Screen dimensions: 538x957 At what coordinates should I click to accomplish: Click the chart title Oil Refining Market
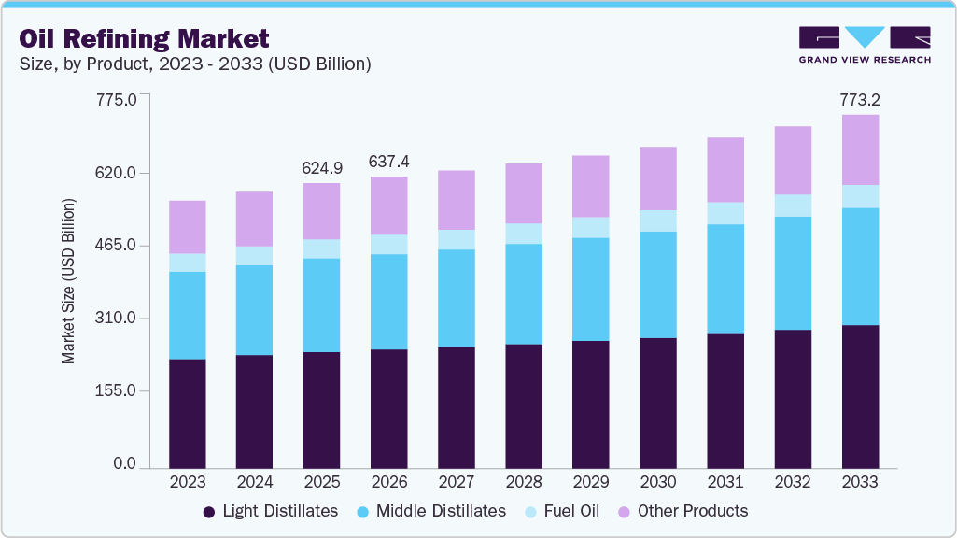click(144, 38)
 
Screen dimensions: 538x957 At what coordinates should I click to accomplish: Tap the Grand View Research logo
click(864, 45)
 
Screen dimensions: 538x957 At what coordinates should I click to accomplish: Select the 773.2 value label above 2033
click(860, 99)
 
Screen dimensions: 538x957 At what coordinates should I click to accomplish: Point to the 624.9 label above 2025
click(321, 168)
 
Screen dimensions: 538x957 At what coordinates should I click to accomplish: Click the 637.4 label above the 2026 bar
click(388, 162)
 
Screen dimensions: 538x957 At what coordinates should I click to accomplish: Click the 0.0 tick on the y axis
click(125, 464)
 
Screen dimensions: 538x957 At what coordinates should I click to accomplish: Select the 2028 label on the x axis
click(523, 483)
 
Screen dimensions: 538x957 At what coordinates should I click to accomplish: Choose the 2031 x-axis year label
click(725, 483)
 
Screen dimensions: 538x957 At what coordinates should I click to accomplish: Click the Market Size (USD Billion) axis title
click(68, 281)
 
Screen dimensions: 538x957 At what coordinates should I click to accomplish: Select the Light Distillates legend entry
click(271, 511)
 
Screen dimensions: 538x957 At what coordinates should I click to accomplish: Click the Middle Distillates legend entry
click(431, 511)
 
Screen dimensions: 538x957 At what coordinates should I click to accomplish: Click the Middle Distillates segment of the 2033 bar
click(860, 266)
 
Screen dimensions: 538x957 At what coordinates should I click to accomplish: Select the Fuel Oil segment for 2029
click(590, 227)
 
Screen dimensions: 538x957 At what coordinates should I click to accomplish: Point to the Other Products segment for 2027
click(456, 200)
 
